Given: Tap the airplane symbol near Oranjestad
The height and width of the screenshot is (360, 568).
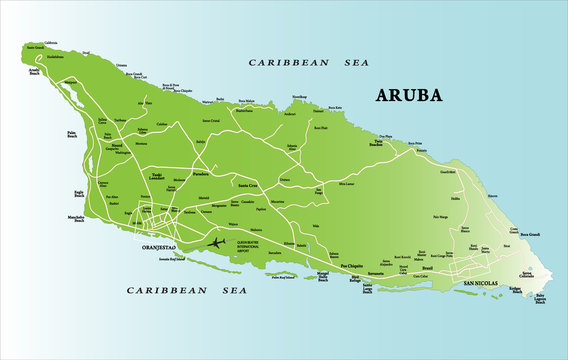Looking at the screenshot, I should coord(215,242).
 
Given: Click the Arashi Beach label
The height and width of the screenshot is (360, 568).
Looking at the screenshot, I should coord(34,71).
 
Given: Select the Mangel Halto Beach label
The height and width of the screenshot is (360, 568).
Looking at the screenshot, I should coord(322,274).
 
